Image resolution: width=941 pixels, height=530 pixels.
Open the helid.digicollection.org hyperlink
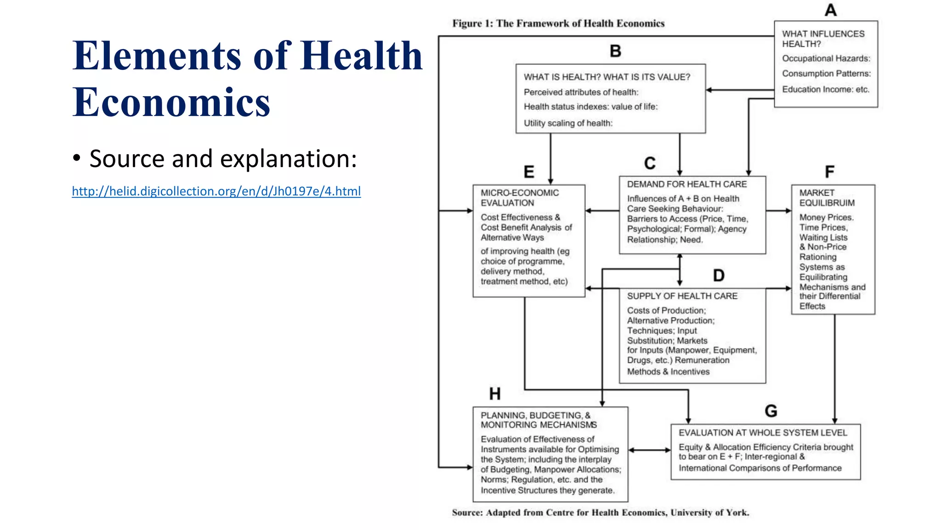216,191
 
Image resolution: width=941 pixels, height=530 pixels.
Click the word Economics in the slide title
171,102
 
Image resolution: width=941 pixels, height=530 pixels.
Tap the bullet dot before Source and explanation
77,159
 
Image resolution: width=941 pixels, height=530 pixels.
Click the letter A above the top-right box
830,10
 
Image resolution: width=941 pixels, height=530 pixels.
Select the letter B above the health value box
615,51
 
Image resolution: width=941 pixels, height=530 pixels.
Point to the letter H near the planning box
495,394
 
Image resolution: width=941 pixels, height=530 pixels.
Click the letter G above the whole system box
771,411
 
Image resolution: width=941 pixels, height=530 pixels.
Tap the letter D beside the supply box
719,276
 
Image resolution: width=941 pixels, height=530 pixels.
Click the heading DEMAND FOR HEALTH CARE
686,184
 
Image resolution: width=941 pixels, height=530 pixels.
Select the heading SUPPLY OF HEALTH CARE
682,296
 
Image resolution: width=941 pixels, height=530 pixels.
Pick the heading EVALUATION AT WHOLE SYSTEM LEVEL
763,432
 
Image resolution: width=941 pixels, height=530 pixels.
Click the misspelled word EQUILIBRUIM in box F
827,203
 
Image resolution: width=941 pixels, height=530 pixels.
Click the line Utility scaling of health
568,123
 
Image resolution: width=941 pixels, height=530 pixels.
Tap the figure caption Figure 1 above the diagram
558,23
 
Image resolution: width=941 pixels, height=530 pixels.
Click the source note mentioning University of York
600,513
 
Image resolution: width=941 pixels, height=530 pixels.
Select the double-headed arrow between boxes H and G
649,450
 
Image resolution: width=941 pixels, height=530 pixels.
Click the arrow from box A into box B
740,90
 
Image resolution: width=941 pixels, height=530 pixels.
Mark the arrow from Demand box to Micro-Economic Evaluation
602,211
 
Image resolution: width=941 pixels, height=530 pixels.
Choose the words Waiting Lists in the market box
823,237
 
